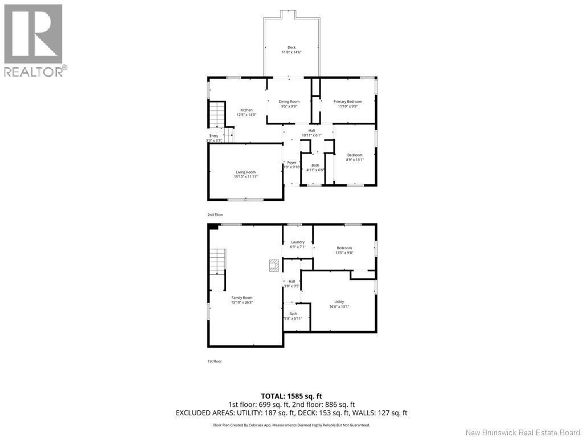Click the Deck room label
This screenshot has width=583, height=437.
pyautogui.click(x=291, y=47)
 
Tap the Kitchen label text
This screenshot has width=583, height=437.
pyautogui.click(x=246, y=110)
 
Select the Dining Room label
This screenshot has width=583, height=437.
pyautogui.click(x=289, y=101)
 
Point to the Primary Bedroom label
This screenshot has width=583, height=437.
pyautogui.click(x=347, y=101)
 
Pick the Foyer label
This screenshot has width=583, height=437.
pyautogui.click(x=291, y=162)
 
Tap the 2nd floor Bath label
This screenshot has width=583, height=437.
pyautogui.click(x=315, y=165)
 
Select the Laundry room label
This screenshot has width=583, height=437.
pyautogui.click(x=298, y=242)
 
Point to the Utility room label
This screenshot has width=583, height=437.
pyautogui.click(x=339, y=302)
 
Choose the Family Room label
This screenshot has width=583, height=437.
pyautogui.click(x=241, y=297)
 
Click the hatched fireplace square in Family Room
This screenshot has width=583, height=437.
pyautogui.click(x=274, y=265)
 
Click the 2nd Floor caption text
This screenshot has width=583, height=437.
pyautogui.click(x=215, y=215)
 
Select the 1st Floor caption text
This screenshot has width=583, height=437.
pyautogui.click(x=215, y=361)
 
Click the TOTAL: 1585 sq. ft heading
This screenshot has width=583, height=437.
pyautogui.click(x=291, y=396)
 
